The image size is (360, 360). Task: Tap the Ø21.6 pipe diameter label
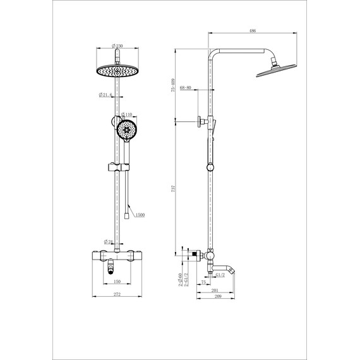coord(105,95)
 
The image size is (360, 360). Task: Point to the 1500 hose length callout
coord(140,215)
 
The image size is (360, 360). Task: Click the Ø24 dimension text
coord(108,241)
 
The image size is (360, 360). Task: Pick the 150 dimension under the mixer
coord(117,283)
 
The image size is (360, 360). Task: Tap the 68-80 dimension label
coord(188,88)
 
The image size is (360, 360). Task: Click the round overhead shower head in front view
coord(117,71)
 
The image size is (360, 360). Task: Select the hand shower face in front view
coord(126,131)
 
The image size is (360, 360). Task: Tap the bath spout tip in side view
coord(234,270)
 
